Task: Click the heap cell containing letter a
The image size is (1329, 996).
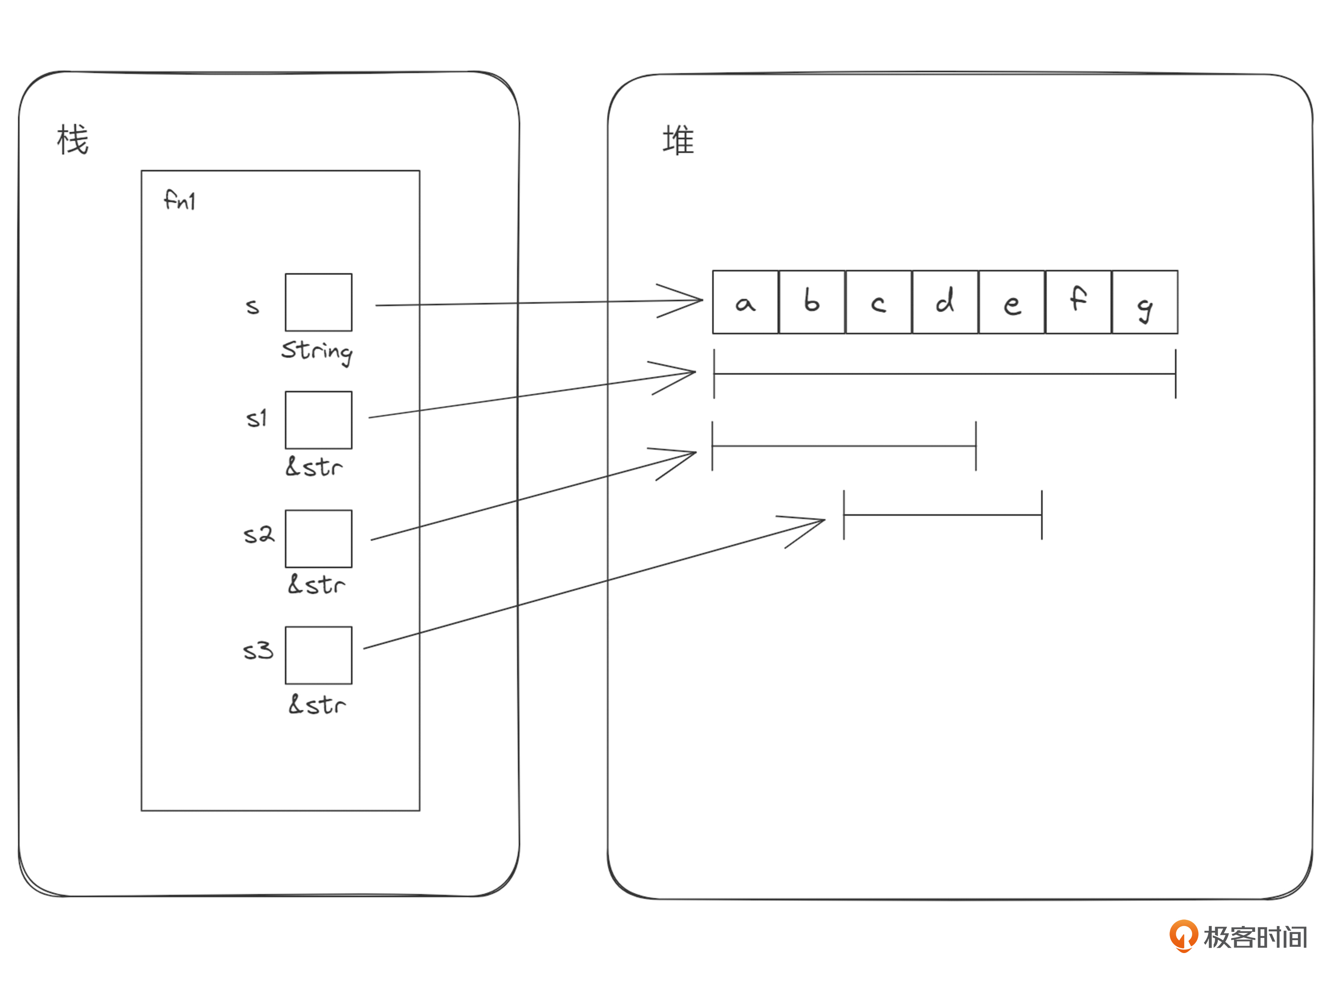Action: click(x=746, y=302)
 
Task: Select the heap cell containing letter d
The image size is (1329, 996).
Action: click(x=945, y=302)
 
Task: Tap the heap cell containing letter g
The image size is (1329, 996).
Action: click(x=1145, y=302)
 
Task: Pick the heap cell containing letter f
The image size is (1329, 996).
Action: click(x=1078, y=302)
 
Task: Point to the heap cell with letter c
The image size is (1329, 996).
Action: click(x=878, y=302)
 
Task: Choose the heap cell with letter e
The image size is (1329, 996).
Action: click(x=1012, y=302)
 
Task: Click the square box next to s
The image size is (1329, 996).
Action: click(x=319, y=302)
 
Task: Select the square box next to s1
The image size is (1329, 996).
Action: click(x=319, y=420)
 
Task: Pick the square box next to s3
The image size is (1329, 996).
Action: click(x=319, y=655)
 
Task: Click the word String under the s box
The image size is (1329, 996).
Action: click(x=317, y=352)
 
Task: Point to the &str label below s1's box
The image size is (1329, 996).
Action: click(x=314, y=466)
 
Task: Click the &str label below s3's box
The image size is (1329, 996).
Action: click(x=317, y=704)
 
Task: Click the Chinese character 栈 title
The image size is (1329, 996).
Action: click(x=73, y=140)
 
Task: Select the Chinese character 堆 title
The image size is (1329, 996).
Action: click(x=678, y=140)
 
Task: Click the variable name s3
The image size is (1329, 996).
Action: click(x=258, y=651)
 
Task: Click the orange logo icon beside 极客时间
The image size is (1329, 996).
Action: click(x=1183, y=936)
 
